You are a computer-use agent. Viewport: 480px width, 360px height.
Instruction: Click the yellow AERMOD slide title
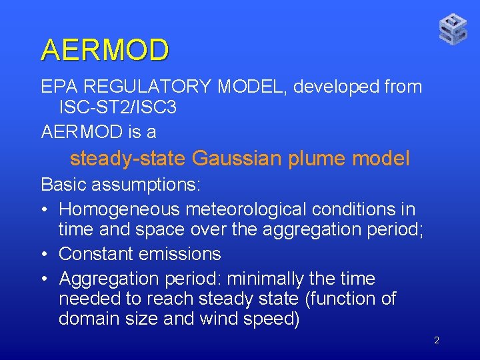[105, 50]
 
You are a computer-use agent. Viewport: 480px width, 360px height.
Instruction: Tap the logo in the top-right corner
[453, 29]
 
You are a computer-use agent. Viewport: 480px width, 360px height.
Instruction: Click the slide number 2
[436, 341]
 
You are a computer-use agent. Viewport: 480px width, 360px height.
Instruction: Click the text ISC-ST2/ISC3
[117, 107]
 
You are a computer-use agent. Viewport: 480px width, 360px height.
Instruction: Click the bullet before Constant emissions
[44, 255]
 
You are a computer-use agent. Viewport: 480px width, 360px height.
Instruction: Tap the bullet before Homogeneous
[44, 210]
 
